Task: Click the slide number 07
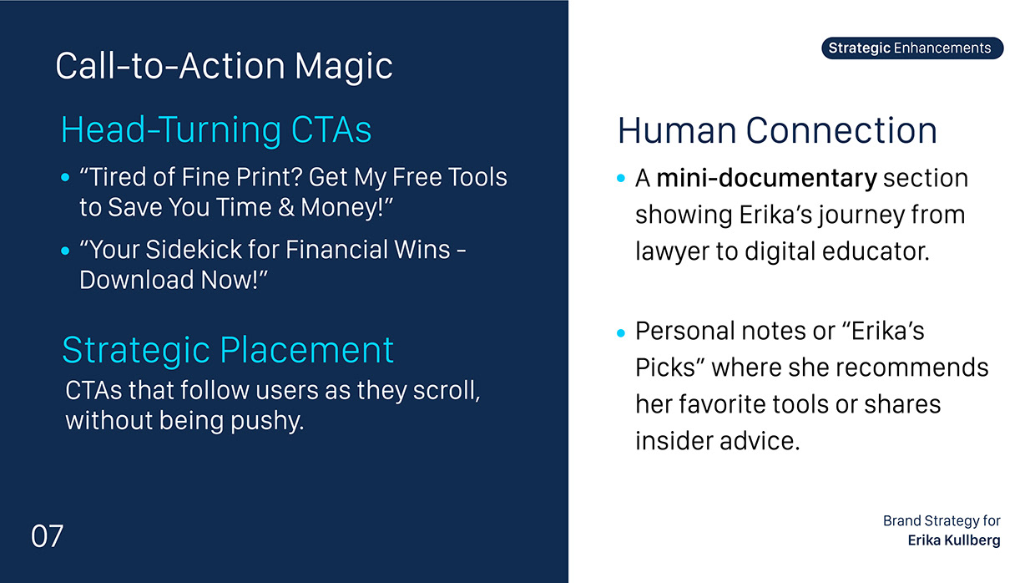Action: [x=47, y=536]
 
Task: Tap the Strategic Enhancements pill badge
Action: [x=912, y=48]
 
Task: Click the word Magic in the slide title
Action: [x=344, y=67]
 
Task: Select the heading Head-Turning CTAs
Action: [x=216, y=129]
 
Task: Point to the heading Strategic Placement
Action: [x=228, y=351]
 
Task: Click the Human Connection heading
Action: [x=777, y=130]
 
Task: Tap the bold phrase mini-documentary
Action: [x=766, y=178]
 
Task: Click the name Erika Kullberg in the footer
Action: [x=954, y=540]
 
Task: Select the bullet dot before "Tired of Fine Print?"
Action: [x=65, y=177]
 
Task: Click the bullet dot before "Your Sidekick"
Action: [x=65, y=251]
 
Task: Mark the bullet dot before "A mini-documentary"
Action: [x=621, y=178]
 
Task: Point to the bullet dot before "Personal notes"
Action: [x=621, y=332]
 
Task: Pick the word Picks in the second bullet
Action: [x=665, y=368]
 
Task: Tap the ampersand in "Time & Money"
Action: [x=286, y=208]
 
